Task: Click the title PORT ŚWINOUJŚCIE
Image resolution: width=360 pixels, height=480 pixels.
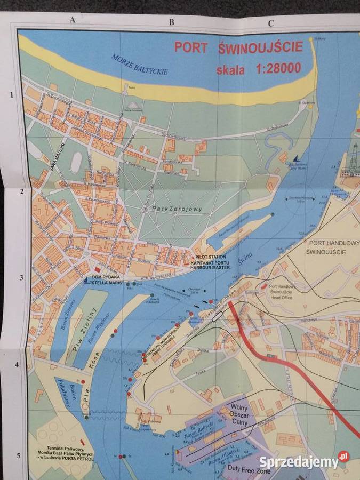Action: coord(238,47)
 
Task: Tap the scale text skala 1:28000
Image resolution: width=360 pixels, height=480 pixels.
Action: coord(258,69)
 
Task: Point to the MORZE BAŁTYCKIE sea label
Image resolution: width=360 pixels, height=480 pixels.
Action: coord(140,64)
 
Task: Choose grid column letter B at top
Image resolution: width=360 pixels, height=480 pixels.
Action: coord(172,22)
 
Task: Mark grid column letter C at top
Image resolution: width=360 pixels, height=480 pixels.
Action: coord(271,23)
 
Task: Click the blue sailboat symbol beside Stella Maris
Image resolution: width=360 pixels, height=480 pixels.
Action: coord(86,279)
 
